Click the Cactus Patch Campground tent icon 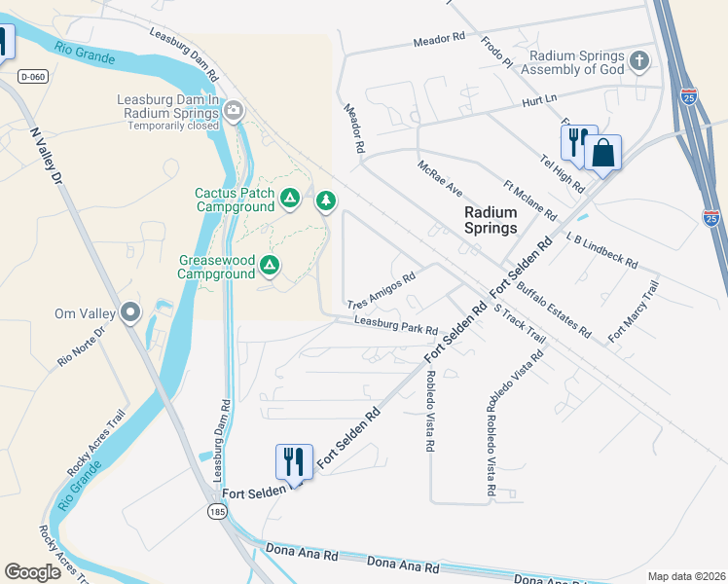coord(289,199)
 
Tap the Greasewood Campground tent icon coord(270,264)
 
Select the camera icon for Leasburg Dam coord(234,111)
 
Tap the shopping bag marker coord(602,153)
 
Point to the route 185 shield coord(211,511)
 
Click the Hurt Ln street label coord(537,98)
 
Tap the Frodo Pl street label coord(496,54)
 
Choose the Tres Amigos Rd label coord(382,290)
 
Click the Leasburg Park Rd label coord(396,324)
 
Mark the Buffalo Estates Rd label coord(554,310)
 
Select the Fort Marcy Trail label coord(633,311)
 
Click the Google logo coord(33,571)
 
